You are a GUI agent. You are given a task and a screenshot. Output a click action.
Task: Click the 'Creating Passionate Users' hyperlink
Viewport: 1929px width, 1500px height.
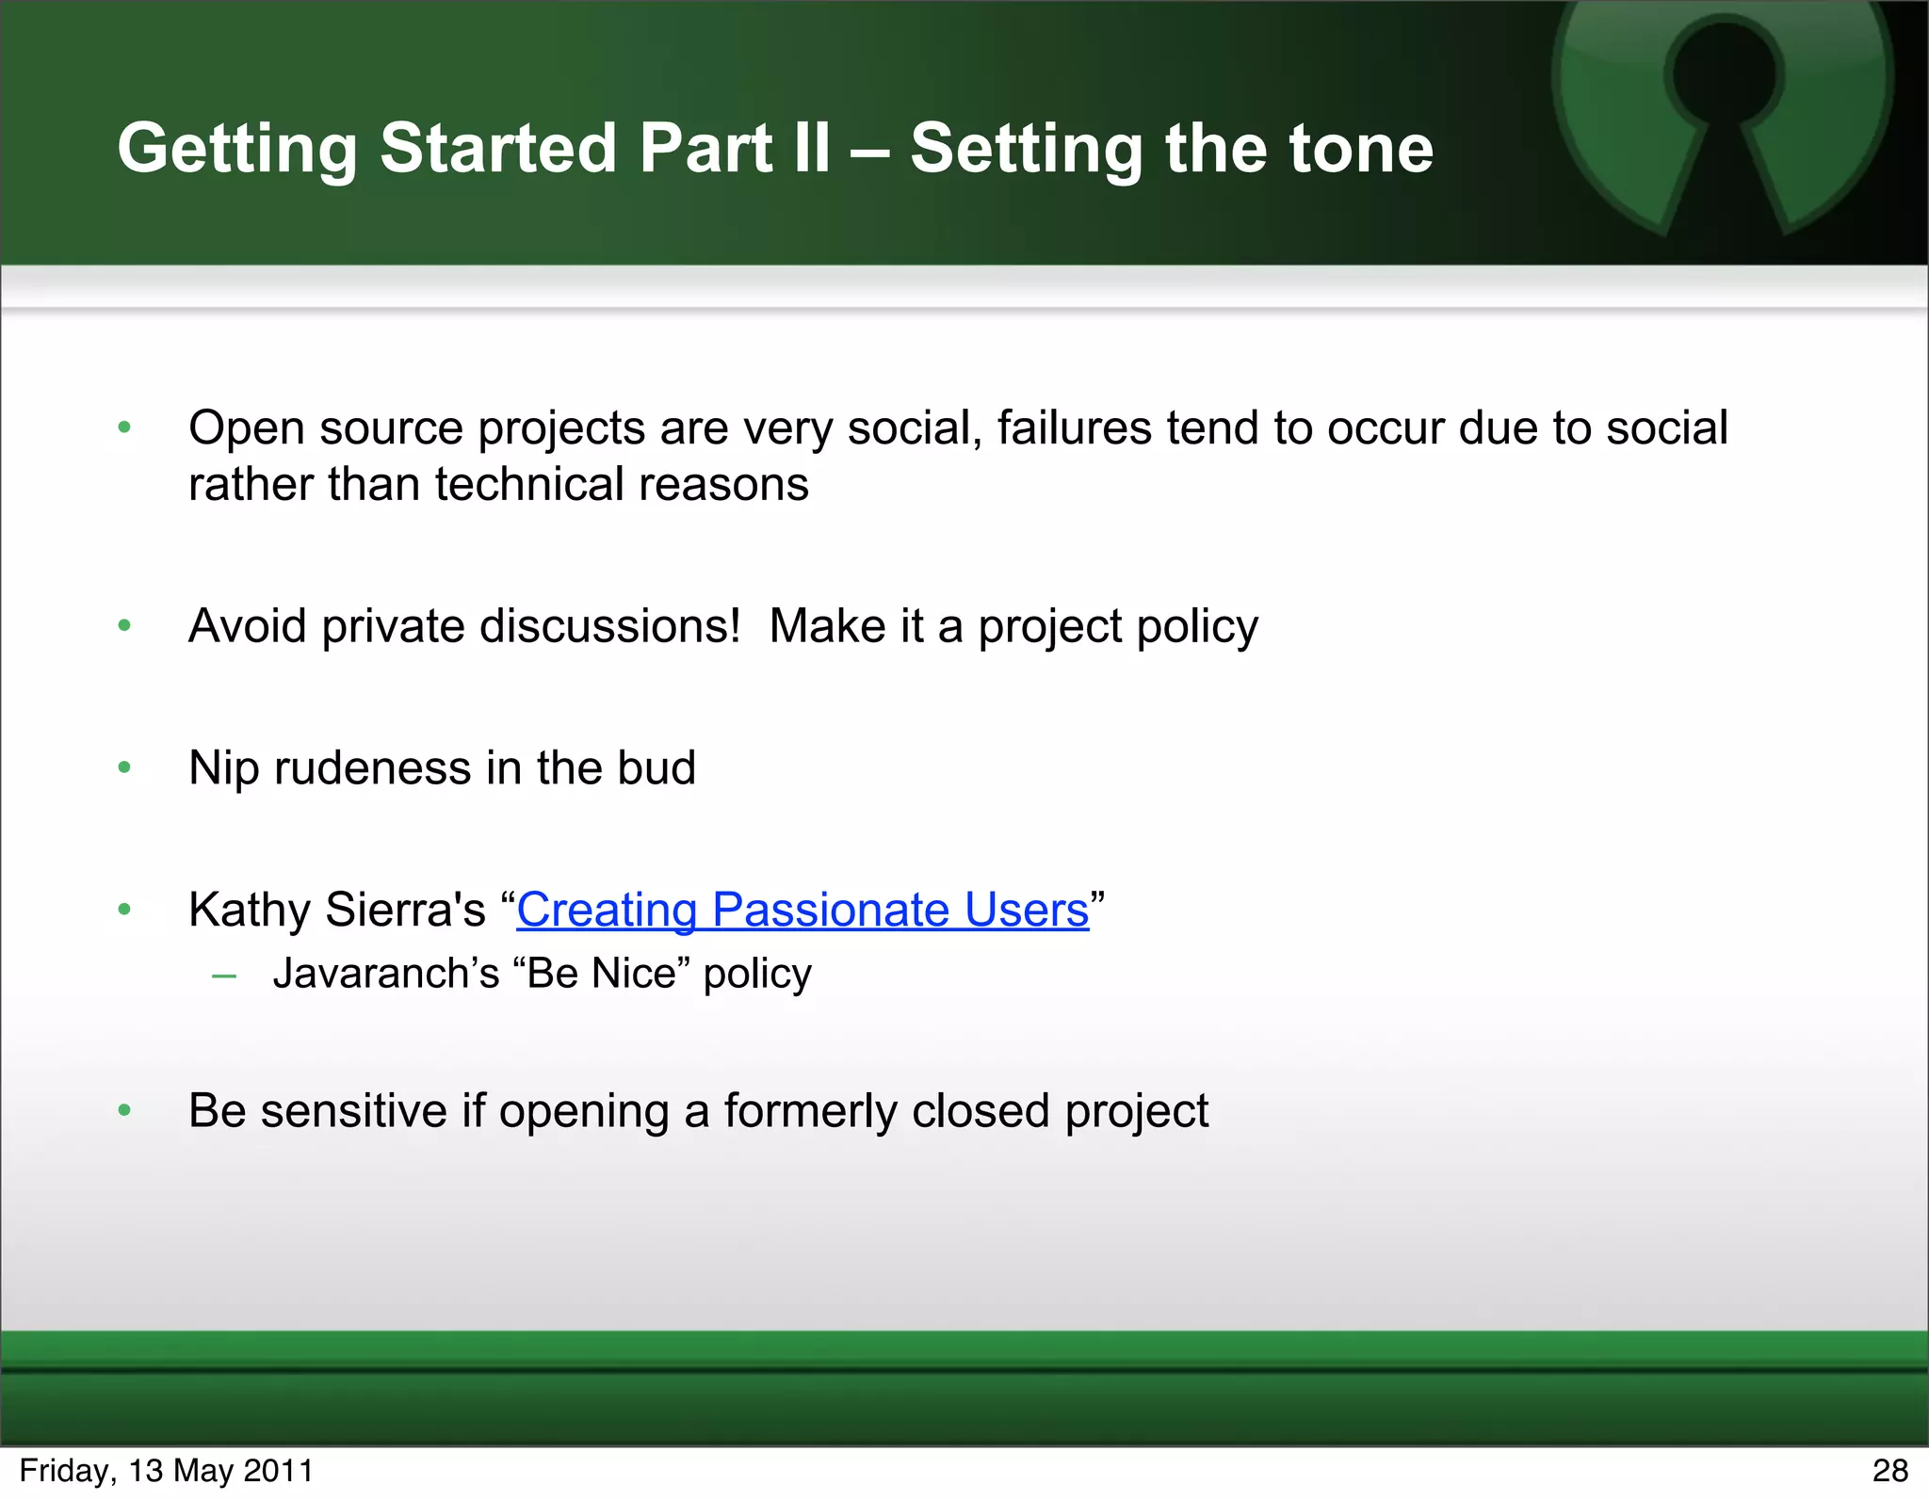tap(802, 911)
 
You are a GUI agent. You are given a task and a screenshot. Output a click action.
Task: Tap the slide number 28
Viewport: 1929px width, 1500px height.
tap(1889, 1471)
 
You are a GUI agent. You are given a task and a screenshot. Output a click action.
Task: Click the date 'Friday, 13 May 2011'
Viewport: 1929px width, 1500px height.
tap(166, 1471)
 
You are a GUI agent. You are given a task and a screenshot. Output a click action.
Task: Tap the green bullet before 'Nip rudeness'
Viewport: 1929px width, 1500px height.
tap(124, 768)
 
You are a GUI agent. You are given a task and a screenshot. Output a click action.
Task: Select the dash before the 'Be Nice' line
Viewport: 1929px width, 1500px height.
tap(224, 976)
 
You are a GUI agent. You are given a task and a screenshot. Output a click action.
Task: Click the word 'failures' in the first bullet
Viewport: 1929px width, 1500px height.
tap(1074, 428)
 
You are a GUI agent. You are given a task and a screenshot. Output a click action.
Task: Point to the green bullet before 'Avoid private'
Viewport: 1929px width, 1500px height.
tap(124, 627)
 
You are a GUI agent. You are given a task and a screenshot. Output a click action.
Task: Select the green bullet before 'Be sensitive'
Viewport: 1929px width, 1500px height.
tap(124, 1111)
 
